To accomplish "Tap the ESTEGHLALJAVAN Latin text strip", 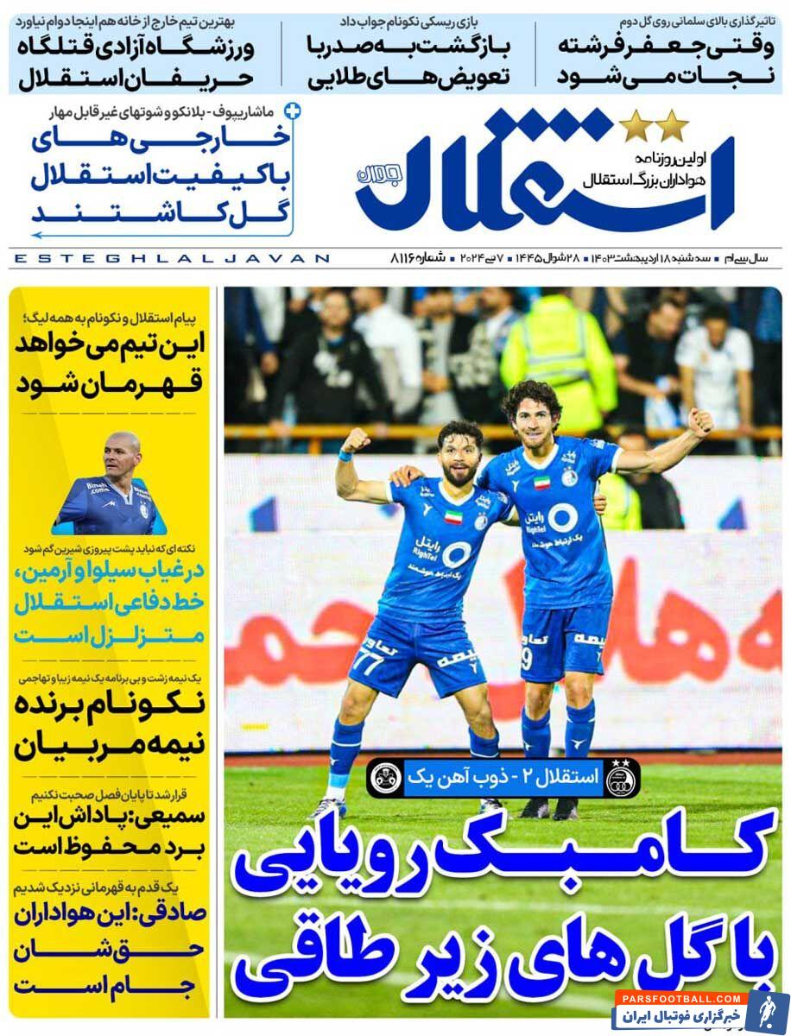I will tap(173, 258).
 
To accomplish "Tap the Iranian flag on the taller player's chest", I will tap(541, 483).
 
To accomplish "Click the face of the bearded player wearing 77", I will tap(459, 458).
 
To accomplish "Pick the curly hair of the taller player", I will tap(532, 397).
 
